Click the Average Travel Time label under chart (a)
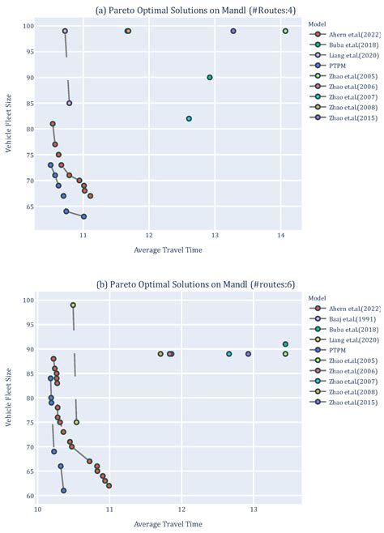168,249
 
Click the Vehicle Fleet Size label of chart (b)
10,397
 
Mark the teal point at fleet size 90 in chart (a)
210,78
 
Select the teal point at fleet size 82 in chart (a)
189,118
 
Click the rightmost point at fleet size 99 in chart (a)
285,31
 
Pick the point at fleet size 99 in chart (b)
73,305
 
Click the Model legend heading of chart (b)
318,298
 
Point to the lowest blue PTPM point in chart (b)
64,490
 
